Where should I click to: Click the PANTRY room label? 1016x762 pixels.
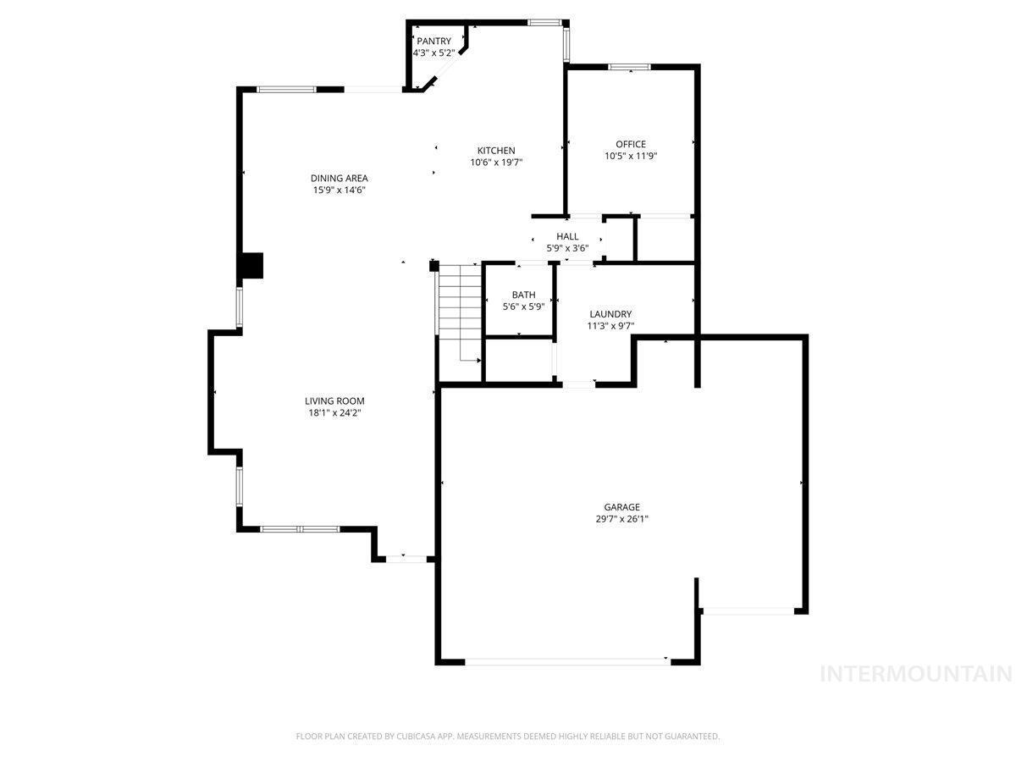click(433, 41)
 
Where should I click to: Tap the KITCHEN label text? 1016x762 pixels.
click(496, 151)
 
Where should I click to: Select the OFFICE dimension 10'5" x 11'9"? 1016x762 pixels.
click(631, 156)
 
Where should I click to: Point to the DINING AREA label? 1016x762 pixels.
click(339, 178)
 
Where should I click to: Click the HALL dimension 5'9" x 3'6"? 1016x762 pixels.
click(567, 248)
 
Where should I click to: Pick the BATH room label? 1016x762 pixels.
click(523, 295)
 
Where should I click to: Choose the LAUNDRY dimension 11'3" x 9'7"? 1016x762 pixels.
click(610, 326)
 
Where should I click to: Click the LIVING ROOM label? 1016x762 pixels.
click(334, 400)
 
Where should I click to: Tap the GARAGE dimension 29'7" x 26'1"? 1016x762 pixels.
click(621, 519)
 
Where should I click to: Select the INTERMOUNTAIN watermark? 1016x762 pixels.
click(915, 674)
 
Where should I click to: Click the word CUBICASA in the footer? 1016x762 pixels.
click(416, 736)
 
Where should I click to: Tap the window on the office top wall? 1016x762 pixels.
click(629, 67)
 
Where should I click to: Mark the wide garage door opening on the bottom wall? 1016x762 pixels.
click(567, 661)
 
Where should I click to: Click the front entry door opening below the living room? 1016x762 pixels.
click(406, 559)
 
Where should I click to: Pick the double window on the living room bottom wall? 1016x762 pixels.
click(300, 529)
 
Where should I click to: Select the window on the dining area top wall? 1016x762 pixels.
click(286, 90)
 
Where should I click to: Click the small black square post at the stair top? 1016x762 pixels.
click(433, 266)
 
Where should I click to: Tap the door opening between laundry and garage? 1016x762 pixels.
click(578, 384)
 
